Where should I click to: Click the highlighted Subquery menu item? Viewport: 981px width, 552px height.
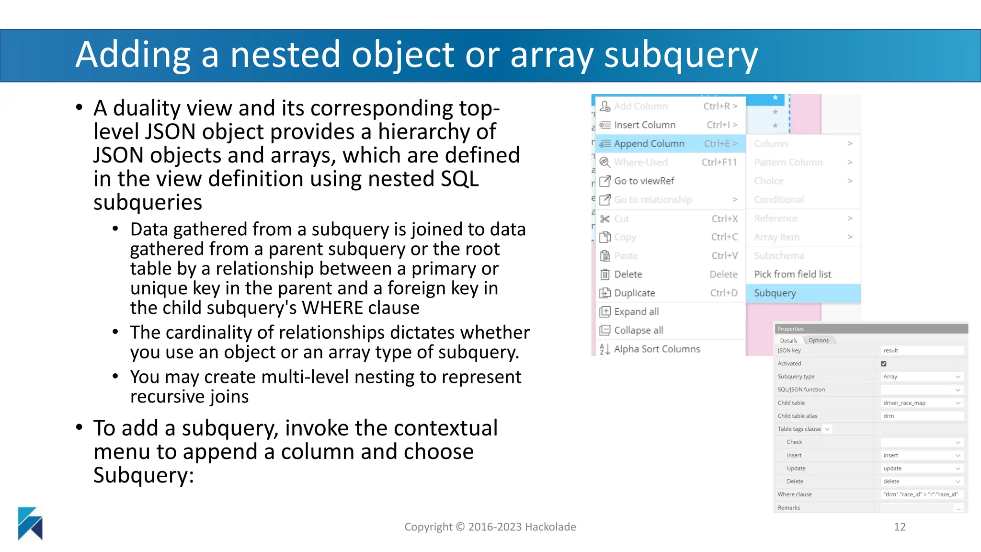coord(803,293)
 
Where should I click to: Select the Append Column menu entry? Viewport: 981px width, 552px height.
coord(649,144)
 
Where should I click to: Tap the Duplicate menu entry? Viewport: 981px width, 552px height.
coord(634,293)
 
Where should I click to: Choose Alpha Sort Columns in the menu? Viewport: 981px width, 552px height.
coord(657,349)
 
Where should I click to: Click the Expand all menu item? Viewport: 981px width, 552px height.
coord(636,312)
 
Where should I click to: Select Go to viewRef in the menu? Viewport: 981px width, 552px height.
coord(644,181)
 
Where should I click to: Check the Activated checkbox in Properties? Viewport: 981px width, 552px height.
coord(884,364)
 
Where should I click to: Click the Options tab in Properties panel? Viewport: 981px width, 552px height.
coord(819,341)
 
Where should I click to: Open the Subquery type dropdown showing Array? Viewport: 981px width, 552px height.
coord(922,377)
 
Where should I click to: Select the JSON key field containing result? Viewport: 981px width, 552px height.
coord(922,351)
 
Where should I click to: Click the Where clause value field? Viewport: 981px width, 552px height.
coord(922,494)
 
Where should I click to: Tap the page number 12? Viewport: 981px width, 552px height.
coord(900,527)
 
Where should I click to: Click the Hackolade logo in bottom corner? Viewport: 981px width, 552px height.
coord(30,523)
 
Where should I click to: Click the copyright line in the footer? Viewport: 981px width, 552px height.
coord(490,527)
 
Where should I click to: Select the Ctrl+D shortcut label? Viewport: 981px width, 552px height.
coord(723,293)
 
